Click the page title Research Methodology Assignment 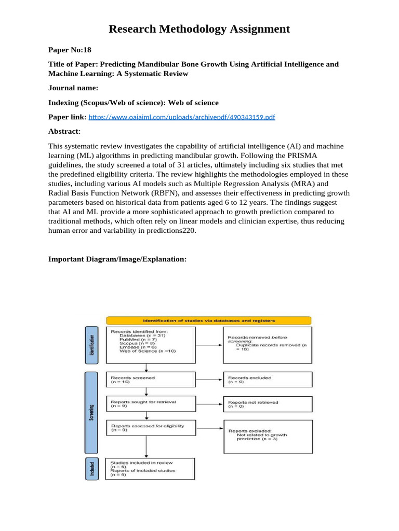tap(199, 29)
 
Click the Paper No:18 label tap(70, 50)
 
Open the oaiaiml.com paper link tap(181, 117)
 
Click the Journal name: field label tap(73, 88)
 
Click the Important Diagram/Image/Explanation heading tap(117, 259)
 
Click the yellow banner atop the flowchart tap(209, 320)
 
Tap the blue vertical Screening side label tap(91, 409)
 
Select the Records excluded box tap(268, 381)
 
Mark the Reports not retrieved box tap(268, 404)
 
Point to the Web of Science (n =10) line tap(148, 351)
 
